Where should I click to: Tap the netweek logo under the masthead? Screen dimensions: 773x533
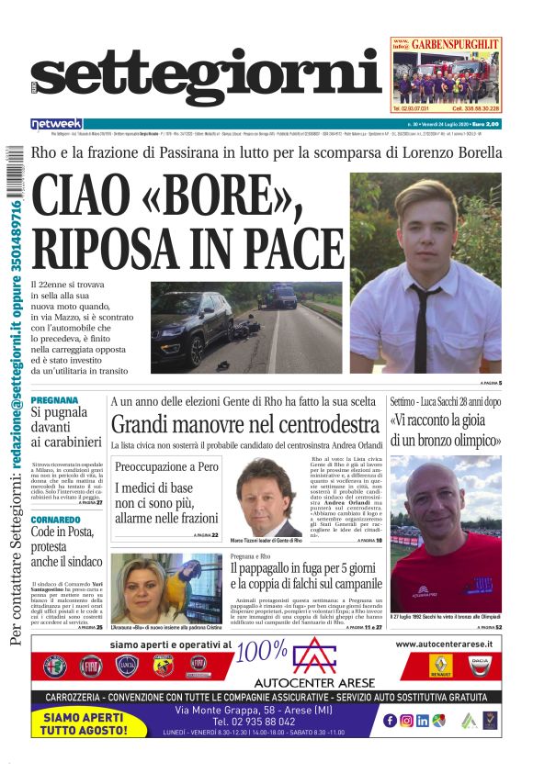(56, 124)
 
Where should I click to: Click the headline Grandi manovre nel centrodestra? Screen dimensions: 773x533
(244, 424)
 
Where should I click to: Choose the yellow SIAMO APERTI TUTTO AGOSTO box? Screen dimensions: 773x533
(87, 723)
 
